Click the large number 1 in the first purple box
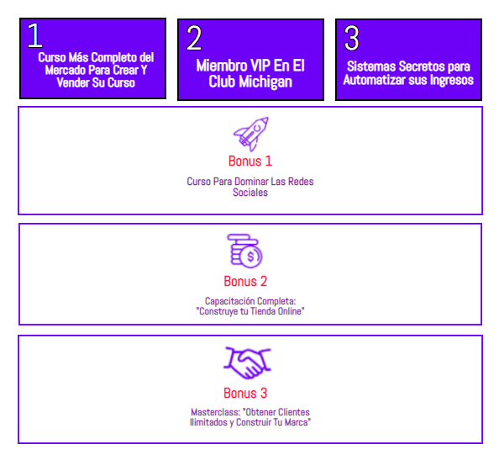click(34, 35)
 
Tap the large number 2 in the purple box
click(194, 38)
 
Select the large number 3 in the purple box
click(352, 38)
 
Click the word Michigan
click(265, 82)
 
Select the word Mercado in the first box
click(66, 70)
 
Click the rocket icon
click(251, 134)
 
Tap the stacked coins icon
click(244, 251)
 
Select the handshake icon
click(247, 362)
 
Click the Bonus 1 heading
click(250, 161)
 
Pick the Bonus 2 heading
click(245, 281)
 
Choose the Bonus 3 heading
click(245, 393)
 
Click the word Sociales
click(250, 193)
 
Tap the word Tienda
click(263, 311)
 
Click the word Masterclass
click(215, 412)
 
